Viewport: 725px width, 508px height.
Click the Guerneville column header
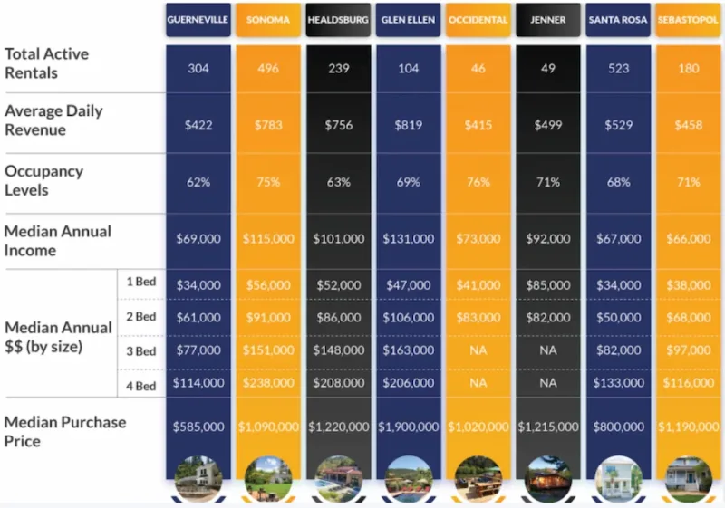198,19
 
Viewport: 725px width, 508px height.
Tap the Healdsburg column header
338,19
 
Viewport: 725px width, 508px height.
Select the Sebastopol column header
689,19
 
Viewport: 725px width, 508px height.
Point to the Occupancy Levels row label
43,180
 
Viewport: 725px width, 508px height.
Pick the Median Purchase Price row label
65,431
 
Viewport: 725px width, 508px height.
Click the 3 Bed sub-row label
140,350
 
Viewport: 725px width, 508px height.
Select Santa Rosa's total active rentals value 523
618,69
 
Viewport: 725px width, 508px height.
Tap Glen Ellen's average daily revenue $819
409,125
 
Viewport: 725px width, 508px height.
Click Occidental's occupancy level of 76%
478,182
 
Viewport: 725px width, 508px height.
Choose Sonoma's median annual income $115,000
268,239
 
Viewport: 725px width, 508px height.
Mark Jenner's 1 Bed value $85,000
548,284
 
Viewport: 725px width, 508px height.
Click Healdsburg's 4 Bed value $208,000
338,383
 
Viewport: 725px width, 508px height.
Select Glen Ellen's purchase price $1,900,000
409,427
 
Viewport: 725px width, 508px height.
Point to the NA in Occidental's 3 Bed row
478,350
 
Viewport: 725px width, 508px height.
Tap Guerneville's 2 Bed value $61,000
198,317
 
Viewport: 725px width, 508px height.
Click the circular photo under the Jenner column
548,479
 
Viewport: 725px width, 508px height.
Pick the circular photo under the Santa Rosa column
618,479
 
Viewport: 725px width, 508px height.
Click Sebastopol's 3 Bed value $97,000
689,350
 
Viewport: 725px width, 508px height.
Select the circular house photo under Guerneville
198,479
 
